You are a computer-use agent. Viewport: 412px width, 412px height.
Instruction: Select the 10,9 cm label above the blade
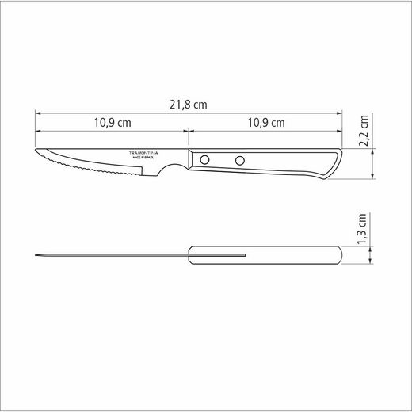[x=113, y=123]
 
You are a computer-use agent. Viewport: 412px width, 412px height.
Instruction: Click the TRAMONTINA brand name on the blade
[x=143, y=152]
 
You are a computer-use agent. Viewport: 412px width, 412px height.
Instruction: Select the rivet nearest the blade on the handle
[x=205, y=160]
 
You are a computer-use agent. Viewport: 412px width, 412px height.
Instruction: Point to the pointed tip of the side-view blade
[x=36, y=151]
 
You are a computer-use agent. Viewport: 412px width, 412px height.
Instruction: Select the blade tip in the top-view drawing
[x=36, y=254]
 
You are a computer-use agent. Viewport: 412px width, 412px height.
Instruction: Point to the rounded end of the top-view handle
[x=340, y=254]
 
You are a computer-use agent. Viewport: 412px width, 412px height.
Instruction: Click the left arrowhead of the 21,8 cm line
[x=38, y=113]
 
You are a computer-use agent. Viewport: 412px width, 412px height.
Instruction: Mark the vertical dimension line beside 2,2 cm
[x=351, y=162]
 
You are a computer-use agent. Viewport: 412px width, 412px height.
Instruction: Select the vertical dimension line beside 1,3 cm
[x=351, y=254]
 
